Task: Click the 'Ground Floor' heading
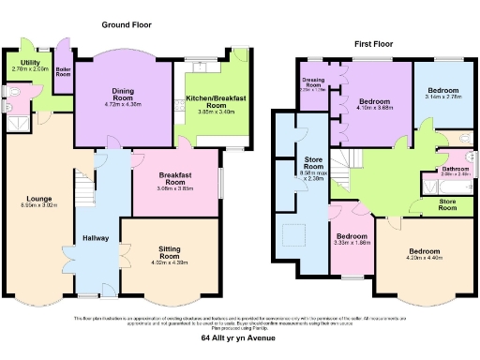pyautogui.click(x=127, y=26)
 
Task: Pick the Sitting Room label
pyautogui.click(x=169, y=251)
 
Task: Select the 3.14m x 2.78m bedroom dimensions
pyautogui.click(x=442, y=96)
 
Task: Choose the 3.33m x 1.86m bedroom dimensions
pyautogui.click(x=352, y=243)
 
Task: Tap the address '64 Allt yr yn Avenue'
pyautogui.click(x=240, y=338)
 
